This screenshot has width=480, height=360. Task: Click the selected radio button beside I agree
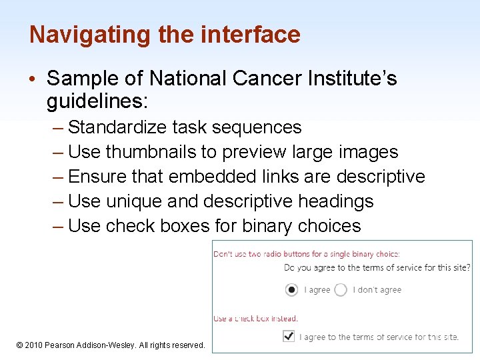point(291,290)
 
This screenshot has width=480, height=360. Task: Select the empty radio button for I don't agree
point(341,290)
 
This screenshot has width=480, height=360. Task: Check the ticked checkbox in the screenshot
point(289,336)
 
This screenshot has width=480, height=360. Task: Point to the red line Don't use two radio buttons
point(306,254)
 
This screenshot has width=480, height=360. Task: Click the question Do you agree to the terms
point(377,268)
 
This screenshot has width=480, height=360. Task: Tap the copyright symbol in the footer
point(20,345)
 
